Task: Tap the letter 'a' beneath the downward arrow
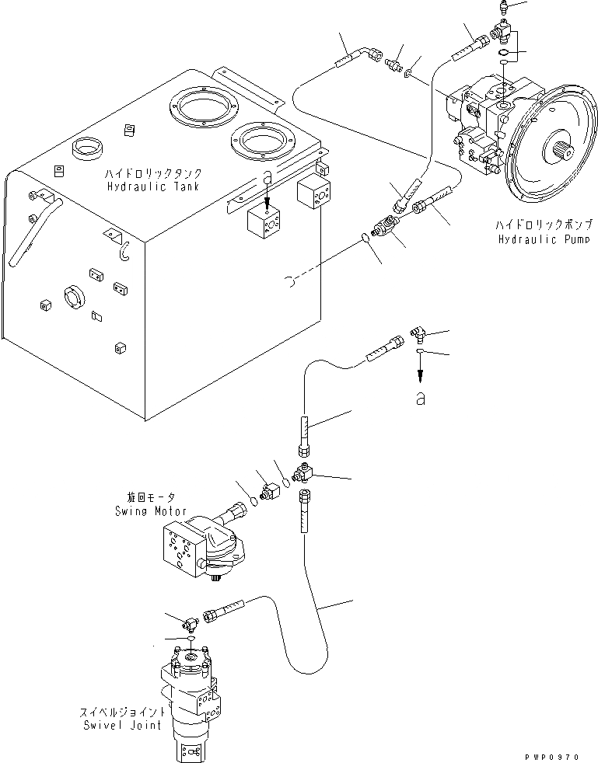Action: point(420,397)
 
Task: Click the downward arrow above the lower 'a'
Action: point(420,371)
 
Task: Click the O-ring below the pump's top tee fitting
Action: point(504,54)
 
